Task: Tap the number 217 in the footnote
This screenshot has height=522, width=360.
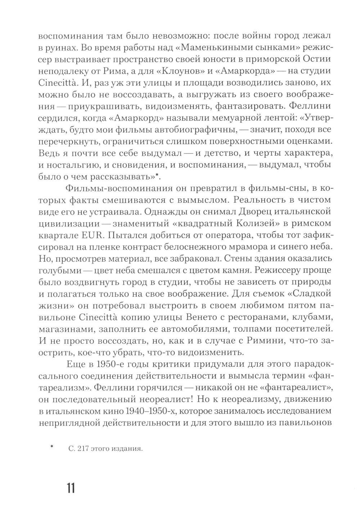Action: (84, 449)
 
